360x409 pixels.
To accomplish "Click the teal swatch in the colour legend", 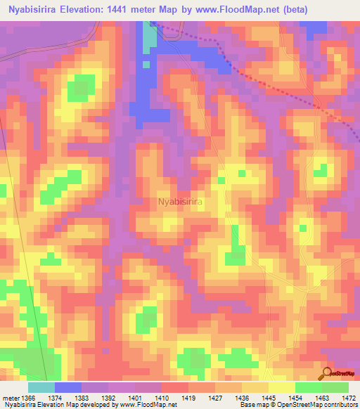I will point(41,387).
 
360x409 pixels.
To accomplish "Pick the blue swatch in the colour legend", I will point(68,387).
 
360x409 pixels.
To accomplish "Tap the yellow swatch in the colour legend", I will point(282,387).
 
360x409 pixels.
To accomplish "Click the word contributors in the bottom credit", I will point(342,405).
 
